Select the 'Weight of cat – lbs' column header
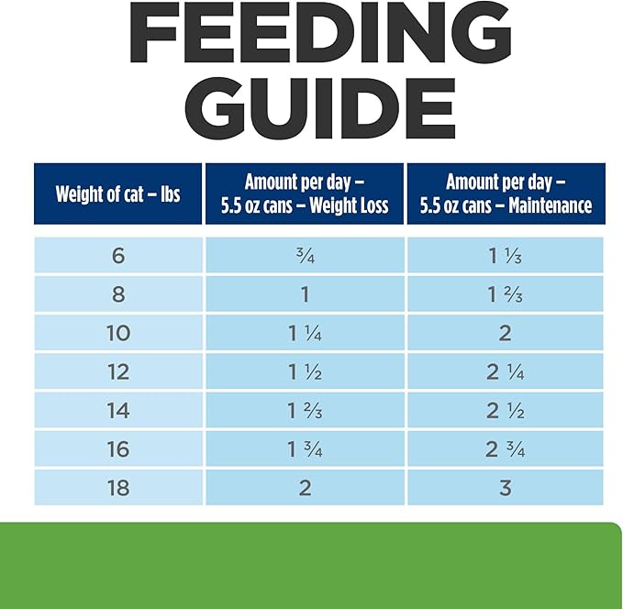118,194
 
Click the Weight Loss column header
305,194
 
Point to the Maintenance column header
506,194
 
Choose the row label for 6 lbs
118,255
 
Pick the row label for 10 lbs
118,333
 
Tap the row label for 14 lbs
118,410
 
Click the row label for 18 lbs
118,487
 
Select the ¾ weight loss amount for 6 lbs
305,255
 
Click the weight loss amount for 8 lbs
305,294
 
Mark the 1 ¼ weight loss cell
305,333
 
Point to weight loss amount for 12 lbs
305,371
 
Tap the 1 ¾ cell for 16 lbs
305,448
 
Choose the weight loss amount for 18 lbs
305,487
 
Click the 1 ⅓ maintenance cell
506,255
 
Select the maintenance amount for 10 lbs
506,333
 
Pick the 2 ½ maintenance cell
506,410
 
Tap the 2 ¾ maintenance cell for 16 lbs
506,448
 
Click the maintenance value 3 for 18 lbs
506,487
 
